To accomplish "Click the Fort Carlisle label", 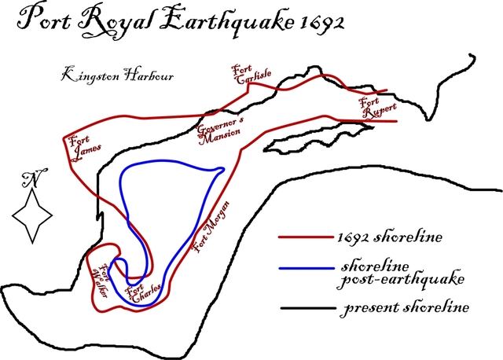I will click(251, 75).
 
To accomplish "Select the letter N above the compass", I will click(32, 178).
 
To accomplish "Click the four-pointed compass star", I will click(32, 215).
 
